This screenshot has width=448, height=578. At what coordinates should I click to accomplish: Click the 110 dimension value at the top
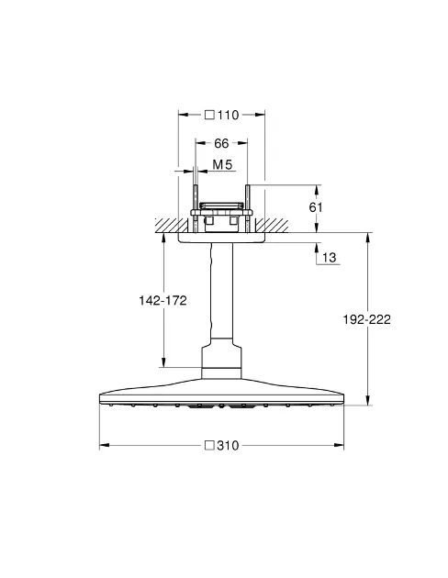tap(229, 115)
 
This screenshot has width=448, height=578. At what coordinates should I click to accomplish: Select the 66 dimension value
tap(221, 143)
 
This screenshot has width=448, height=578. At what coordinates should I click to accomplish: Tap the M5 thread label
tap(222, 164)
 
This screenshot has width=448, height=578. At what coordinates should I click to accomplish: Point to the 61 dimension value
tap(316, 207)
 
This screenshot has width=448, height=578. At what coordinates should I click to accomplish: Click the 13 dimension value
tap(330, 257)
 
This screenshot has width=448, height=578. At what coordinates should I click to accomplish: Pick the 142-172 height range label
tap(162, 300)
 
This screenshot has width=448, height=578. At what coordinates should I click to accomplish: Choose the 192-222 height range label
tap(366, 319)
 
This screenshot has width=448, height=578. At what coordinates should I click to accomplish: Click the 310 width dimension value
tap(228, 446)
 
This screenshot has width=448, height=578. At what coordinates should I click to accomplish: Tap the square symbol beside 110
tap(210, 115)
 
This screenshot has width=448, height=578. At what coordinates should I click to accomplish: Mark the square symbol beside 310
tap(210, 445)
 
